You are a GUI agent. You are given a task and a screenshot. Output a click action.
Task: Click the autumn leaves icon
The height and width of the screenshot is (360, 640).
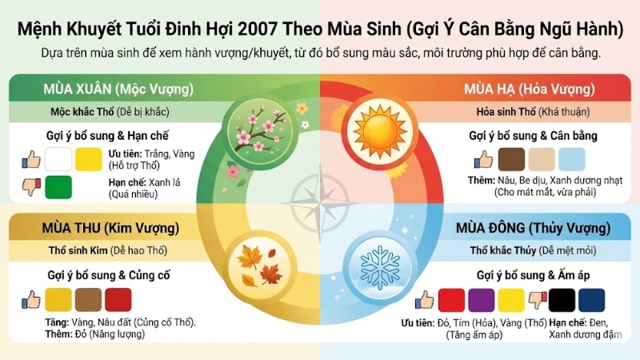pos(258,266)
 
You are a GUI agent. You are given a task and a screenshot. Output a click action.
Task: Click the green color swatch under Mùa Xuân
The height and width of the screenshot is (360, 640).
pos(58,188)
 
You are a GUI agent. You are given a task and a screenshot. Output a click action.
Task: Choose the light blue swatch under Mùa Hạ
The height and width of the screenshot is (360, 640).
pos(572,158)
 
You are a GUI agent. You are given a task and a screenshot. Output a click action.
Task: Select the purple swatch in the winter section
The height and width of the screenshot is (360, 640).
pos(481,301)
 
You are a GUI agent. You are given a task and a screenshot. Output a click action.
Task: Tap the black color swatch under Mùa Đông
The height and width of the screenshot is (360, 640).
pos(563,301)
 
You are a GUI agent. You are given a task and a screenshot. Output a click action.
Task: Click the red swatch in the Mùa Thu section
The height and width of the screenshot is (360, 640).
pos(118,300)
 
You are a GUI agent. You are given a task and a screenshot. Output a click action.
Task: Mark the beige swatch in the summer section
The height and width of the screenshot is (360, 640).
pos(542,158)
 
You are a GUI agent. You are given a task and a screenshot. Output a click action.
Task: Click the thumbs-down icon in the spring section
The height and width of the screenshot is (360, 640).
pos(30,187)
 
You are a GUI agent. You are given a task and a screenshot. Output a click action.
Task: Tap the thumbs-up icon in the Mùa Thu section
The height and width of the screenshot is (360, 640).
pos(30,300)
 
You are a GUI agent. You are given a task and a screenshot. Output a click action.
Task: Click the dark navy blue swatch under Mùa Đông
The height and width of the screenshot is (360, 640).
pos(592,301)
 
